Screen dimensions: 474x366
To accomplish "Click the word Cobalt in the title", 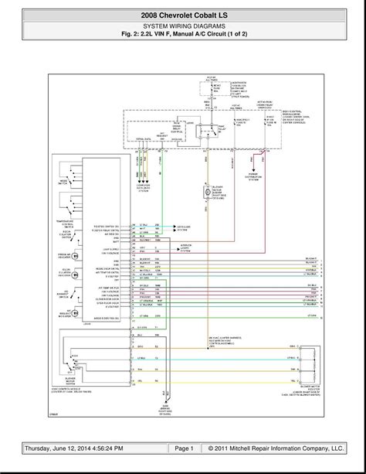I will pos(205,15).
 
